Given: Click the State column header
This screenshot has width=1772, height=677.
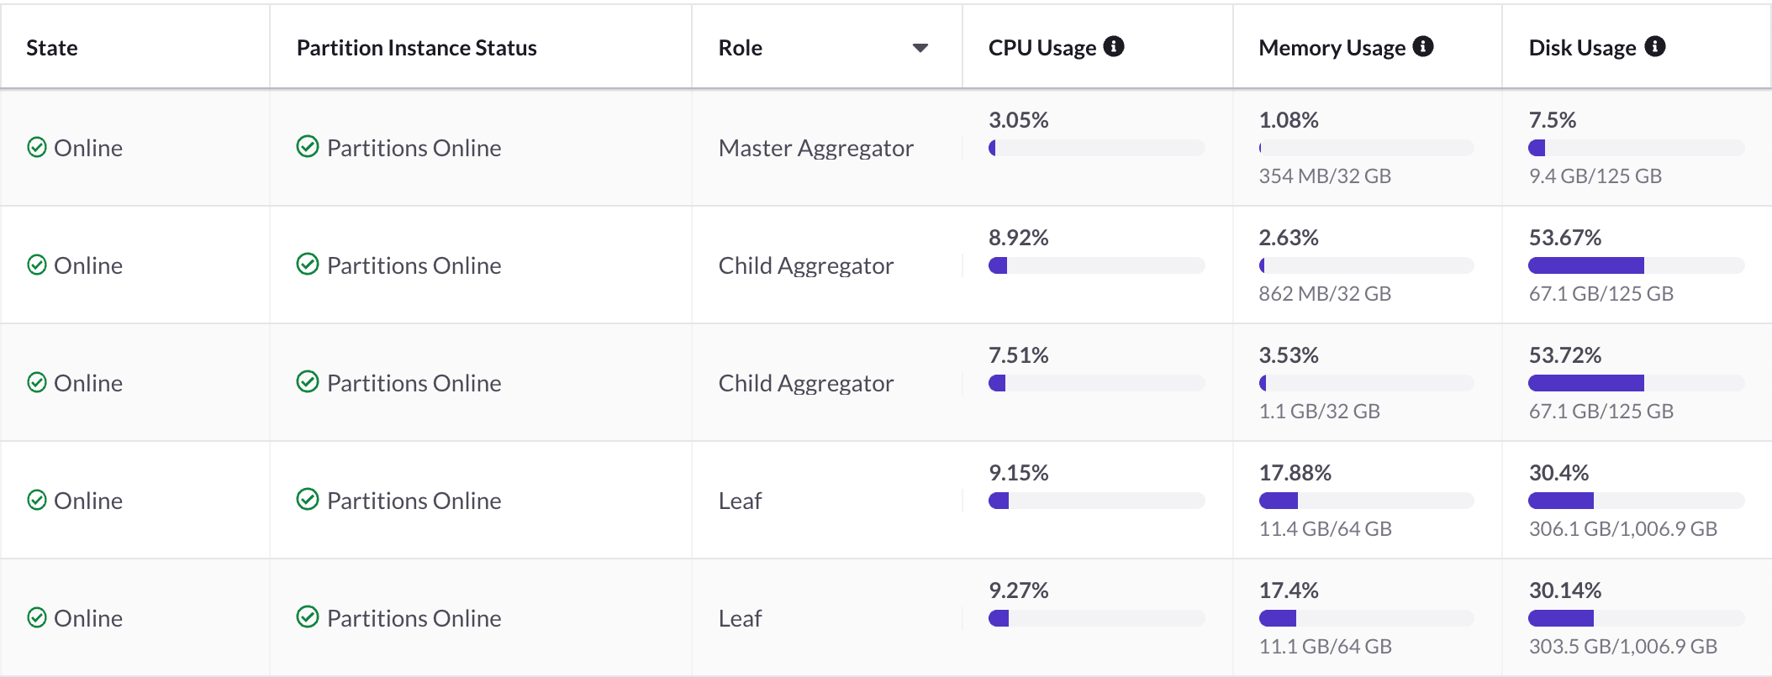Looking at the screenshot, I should [x=52, y=48].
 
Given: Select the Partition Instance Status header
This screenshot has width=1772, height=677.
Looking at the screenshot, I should [x=416, y=48].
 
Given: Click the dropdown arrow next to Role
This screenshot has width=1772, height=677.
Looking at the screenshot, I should [x=920, y=48].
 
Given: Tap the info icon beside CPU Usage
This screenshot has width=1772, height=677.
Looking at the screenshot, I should [x=1114, y=46].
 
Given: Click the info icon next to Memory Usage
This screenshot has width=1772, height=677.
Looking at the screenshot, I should [x=1423, y=46].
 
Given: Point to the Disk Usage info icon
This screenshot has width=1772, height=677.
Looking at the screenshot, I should [x=1655, y=46].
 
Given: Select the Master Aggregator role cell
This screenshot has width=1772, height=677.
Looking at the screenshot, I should [x=815, y=148].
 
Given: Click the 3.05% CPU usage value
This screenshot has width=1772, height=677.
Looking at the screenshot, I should [x=1018, y=120].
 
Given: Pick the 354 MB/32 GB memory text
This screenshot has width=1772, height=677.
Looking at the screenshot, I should [x=1325, y=176].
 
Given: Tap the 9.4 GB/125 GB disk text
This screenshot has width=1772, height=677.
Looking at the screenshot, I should [x=1595, y=176].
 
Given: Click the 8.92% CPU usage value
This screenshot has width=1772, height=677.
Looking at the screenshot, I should [x=1018, y=238].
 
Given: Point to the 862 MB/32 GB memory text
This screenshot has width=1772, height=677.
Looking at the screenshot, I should [x=1325, y=293].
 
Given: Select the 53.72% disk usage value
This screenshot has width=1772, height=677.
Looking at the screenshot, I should [x=1564, y=355].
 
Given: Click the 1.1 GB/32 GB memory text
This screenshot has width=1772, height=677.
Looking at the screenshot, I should [x=1319, y=411].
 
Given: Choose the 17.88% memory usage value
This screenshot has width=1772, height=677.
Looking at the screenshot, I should [x=1295, y=473].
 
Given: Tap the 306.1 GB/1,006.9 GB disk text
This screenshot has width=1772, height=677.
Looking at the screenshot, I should [x=1622, y=528].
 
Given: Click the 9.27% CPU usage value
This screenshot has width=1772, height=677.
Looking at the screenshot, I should [x=1018, y=590].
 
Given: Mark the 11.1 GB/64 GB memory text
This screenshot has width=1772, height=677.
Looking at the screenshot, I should [x=1325, y=646].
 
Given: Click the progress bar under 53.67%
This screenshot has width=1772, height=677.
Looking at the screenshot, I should [x=1635, y=265].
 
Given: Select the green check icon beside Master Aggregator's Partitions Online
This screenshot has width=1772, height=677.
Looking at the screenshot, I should [x=308, y=147].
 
